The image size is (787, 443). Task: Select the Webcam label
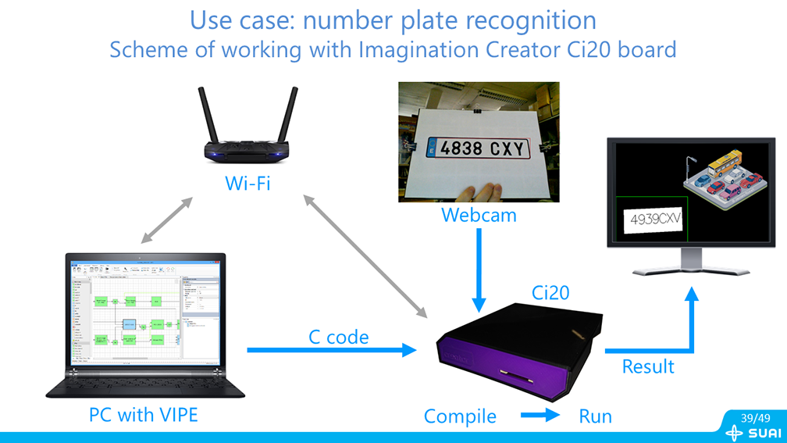click(x=479, y=215)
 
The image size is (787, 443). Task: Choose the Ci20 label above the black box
click(x=550, y=293)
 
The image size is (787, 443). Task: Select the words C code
click(x=338, y=337)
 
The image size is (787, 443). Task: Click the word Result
click(x=647, y=365)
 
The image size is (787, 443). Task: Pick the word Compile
click(x=459, y=416)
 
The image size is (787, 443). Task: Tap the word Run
click(x=594, y=416)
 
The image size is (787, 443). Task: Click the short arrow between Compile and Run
click(x=540, y=416)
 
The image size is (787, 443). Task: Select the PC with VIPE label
click(x=143, y=414)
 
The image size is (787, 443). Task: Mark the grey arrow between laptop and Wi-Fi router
click(x=165, y=220)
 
